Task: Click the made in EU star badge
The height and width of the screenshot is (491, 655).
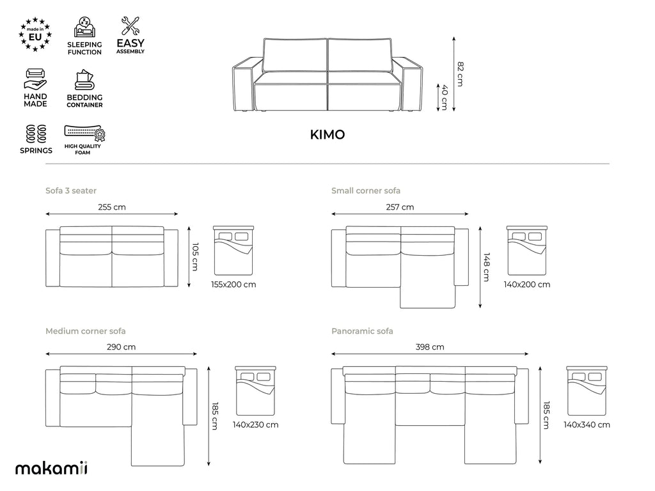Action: [36, 35]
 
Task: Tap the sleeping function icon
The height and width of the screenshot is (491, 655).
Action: [85, 27]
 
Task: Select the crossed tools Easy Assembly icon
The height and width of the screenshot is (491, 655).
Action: [130, 26]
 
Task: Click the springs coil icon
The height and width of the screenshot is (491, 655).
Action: [36, 134]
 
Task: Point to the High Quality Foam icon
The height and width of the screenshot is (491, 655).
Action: [85, 133]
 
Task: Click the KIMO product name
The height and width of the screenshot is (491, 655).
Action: [327, 134]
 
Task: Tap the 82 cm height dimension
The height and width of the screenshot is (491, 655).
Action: [460, 74]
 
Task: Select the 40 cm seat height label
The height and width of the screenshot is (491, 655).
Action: [445, 97]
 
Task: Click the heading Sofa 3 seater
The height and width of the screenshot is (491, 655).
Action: [71, 191]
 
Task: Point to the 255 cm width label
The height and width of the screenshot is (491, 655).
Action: [112, 207]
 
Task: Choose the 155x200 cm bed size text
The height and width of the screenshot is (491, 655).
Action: [233, 284]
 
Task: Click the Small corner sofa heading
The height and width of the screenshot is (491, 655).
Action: [366, 191]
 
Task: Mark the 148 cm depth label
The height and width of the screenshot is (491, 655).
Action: [486, 267]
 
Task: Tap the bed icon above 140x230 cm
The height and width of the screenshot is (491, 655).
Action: [255, 391]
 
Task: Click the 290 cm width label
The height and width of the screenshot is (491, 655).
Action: [121, 347]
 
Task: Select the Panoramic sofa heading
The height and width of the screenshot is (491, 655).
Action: [362, 331]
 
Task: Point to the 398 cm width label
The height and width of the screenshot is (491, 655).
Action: [430, 347]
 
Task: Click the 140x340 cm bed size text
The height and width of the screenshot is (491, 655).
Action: [587, 425]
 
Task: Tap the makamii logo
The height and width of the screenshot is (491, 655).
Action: [51, 468]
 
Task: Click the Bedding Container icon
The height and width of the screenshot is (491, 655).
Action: [84, 80]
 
